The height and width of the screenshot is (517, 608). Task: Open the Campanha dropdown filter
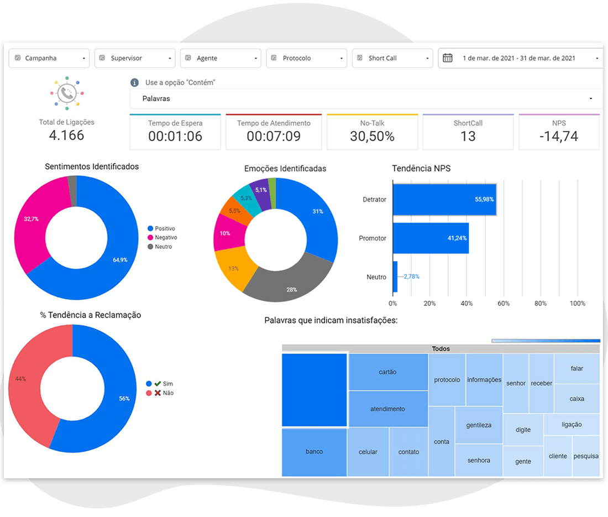[x=49, y=58]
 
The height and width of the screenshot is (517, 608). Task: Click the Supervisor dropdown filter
[x=135, y=58]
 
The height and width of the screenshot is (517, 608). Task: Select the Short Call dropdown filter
[x=392, y=58]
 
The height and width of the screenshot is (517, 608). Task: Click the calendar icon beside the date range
[x=448, y=58]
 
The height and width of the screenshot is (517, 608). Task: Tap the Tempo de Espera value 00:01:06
[x=175, y=136]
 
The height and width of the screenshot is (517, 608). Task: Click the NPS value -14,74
[x=559, y=136]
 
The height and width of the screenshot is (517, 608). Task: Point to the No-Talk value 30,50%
[x=372, y=136]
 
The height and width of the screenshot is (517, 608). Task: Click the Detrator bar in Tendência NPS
[x=444, y=200]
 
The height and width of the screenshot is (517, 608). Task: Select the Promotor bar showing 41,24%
[x=431, y=238]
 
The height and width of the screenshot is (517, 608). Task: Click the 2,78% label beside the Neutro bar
[x=411, y=276]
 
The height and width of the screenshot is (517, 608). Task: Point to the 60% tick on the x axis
[x=504, y=304]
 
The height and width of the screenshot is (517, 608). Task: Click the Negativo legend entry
[x=163, y=237]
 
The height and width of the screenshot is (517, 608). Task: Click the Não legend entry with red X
[x=160, y=393]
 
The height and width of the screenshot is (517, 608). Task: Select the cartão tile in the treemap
[x=388, y=372]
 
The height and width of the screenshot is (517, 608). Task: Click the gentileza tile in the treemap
[x=479, y=425]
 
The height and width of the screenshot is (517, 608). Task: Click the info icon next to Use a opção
[x=134, y=82]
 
